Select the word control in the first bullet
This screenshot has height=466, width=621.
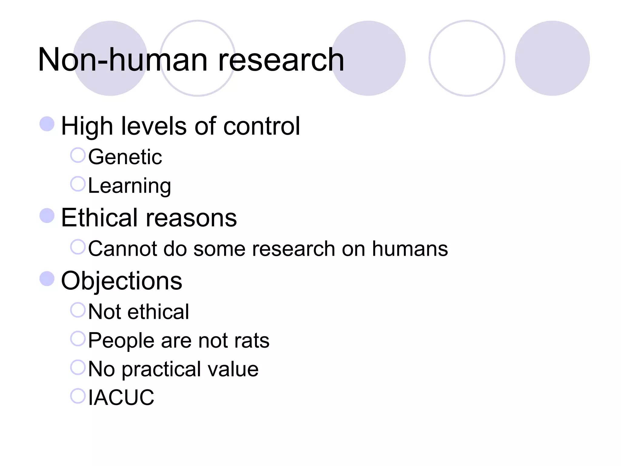261,126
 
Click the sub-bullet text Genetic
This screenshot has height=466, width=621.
125,157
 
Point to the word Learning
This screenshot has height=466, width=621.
129,186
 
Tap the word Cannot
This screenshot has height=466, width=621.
122,249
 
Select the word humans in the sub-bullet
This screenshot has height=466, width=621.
410,249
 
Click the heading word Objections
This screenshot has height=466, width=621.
122,281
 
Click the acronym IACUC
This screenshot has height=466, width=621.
121,397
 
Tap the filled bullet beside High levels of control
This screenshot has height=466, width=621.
47,124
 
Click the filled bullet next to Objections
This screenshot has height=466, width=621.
47,279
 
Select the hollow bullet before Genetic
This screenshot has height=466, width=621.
78,155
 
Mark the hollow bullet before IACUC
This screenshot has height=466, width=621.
78,396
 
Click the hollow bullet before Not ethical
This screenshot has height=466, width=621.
78,310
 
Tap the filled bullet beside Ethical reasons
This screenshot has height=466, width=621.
47,216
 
